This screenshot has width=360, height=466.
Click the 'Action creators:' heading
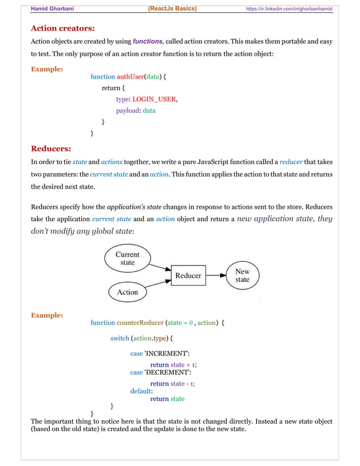click(x=62, y=28)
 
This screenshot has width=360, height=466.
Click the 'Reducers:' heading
click(x=51, y=149)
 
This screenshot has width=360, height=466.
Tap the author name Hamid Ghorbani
click(x=52, y=8)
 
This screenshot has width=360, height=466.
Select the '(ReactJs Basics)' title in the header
click(x=172, y=8)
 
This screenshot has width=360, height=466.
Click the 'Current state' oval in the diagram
click(x=128, y=258)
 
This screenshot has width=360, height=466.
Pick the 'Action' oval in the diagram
click(x=127, y=292)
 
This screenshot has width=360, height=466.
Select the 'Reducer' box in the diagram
click(x=188, y=275)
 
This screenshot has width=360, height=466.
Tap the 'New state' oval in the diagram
click(x=242, y=275)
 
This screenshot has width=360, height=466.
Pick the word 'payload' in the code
click(x=128, y=111)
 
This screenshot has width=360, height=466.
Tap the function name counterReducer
click(x=141, y=323)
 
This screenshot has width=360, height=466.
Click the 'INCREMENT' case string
click(x=167, y=354)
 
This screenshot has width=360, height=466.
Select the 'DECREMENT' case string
click(x=168, y=372)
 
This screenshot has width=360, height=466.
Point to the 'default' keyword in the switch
click(x=141, y=390)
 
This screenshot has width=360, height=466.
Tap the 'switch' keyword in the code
click(x=120, y=338)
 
